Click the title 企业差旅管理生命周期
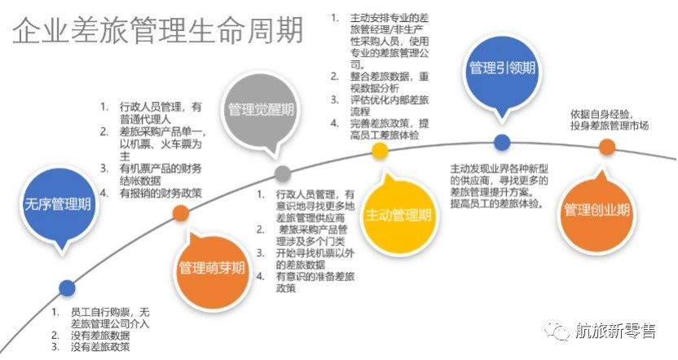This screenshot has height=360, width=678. pyautogui.click(x=158, y=31)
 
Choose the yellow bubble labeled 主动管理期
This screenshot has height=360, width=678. pyautogui.click(x=398, y=215)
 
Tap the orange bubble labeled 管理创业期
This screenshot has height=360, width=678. pyautogui.click(x=597, y=210)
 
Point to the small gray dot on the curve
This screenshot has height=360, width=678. pyautogui.click(x=283, y=173)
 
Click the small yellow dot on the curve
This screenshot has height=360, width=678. pyautogui.click(x=380, y=151)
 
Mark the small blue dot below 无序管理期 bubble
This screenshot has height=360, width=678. pyautogui.click(x=67, y=288)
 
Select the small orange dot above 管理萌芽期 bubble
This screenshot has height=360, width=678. pyautogui.click(x=181, y=213)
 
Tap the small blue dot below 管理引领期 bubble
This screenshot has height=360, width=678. pyautogui.click(x=502, y=143)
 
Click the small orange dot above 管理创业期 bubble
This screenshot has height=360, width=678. pyautogui.click(x=606, y=147)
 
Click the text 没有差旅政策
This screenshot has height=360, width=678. pyautogui.click(x=100, y=347)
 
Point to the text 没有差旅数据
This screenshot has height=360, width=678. pyautogui.click(x=100, y=335)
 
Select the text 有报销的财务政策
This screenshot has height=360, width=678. pyautogui.click(x=161, y=193)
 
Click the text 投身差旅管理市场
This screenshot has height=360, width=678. pyautogui.click(x=610, y=125)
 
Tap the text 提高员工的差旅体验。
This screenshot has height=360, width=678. pyautogui.click(x=496, y=204)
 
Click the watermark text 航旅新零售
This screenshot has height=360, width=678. pyautogui.click(x=616, y=331)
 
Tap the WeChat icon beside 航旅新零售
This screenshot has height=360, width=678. pyautogui.click(x=557, y=331)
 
